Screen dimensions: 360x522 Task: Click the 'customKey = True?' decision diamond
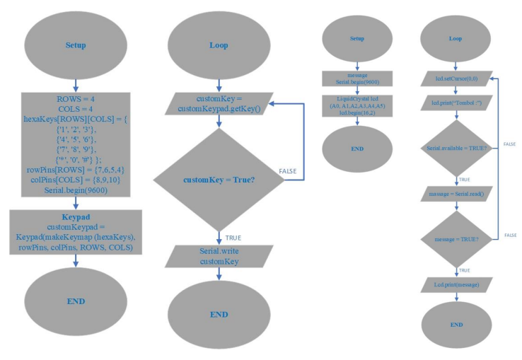[x=219, y=180]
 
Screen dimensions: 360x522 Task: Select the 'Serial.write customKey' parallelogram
[x=219, y=257]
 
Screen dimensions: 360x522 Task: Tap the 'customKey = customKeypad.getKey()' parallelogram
[x=219, y=103]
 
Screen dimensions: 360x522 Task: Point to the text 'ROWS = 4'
[x=76, y=100]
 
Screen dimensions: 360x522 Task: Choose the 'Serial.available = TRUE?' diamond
[x=456, y=146]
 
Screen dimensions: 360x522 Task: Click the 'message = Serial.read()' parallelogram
[x=456, y=192]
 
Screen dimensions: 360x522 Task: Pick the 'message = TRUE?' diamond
[x=456, y=240]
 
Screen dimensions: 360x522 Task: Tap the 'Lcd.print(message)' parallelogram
[x=456, y=284]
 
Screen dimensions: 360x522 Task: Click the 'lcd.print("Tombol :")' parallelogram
[x=456, y=103]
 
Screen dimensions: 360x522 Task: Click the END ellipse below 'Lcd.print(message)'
[x=456, y=324]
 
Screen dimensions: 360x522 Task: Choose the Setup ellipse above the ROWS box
[x=76, y=45]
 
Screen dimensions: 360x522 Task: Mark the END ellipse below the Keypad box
[x=76, y=300]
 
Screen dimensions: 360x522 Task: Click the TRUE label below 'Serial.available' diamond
[x=465, y=180]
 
